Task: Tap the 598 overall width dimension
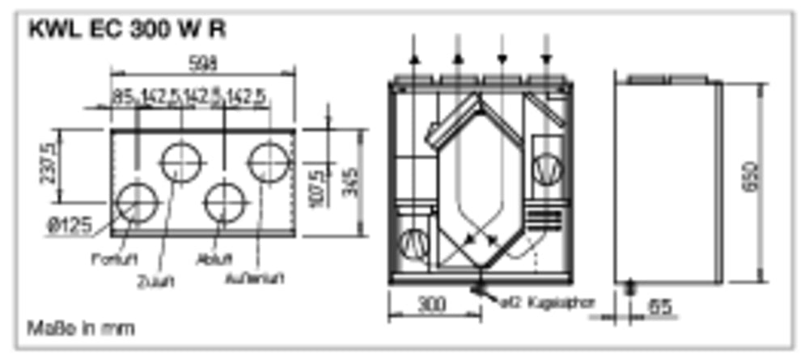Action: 202,62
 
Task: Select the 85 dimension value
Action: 122,97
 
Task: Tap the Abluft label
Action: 215,260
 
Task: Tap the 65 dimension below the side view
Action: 661,307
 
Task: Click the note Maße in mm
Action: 81,328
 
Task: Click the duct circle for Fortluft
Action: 137,202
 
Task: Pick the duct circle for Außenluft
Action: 268,162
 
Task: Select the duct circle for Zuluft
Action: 180,163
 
